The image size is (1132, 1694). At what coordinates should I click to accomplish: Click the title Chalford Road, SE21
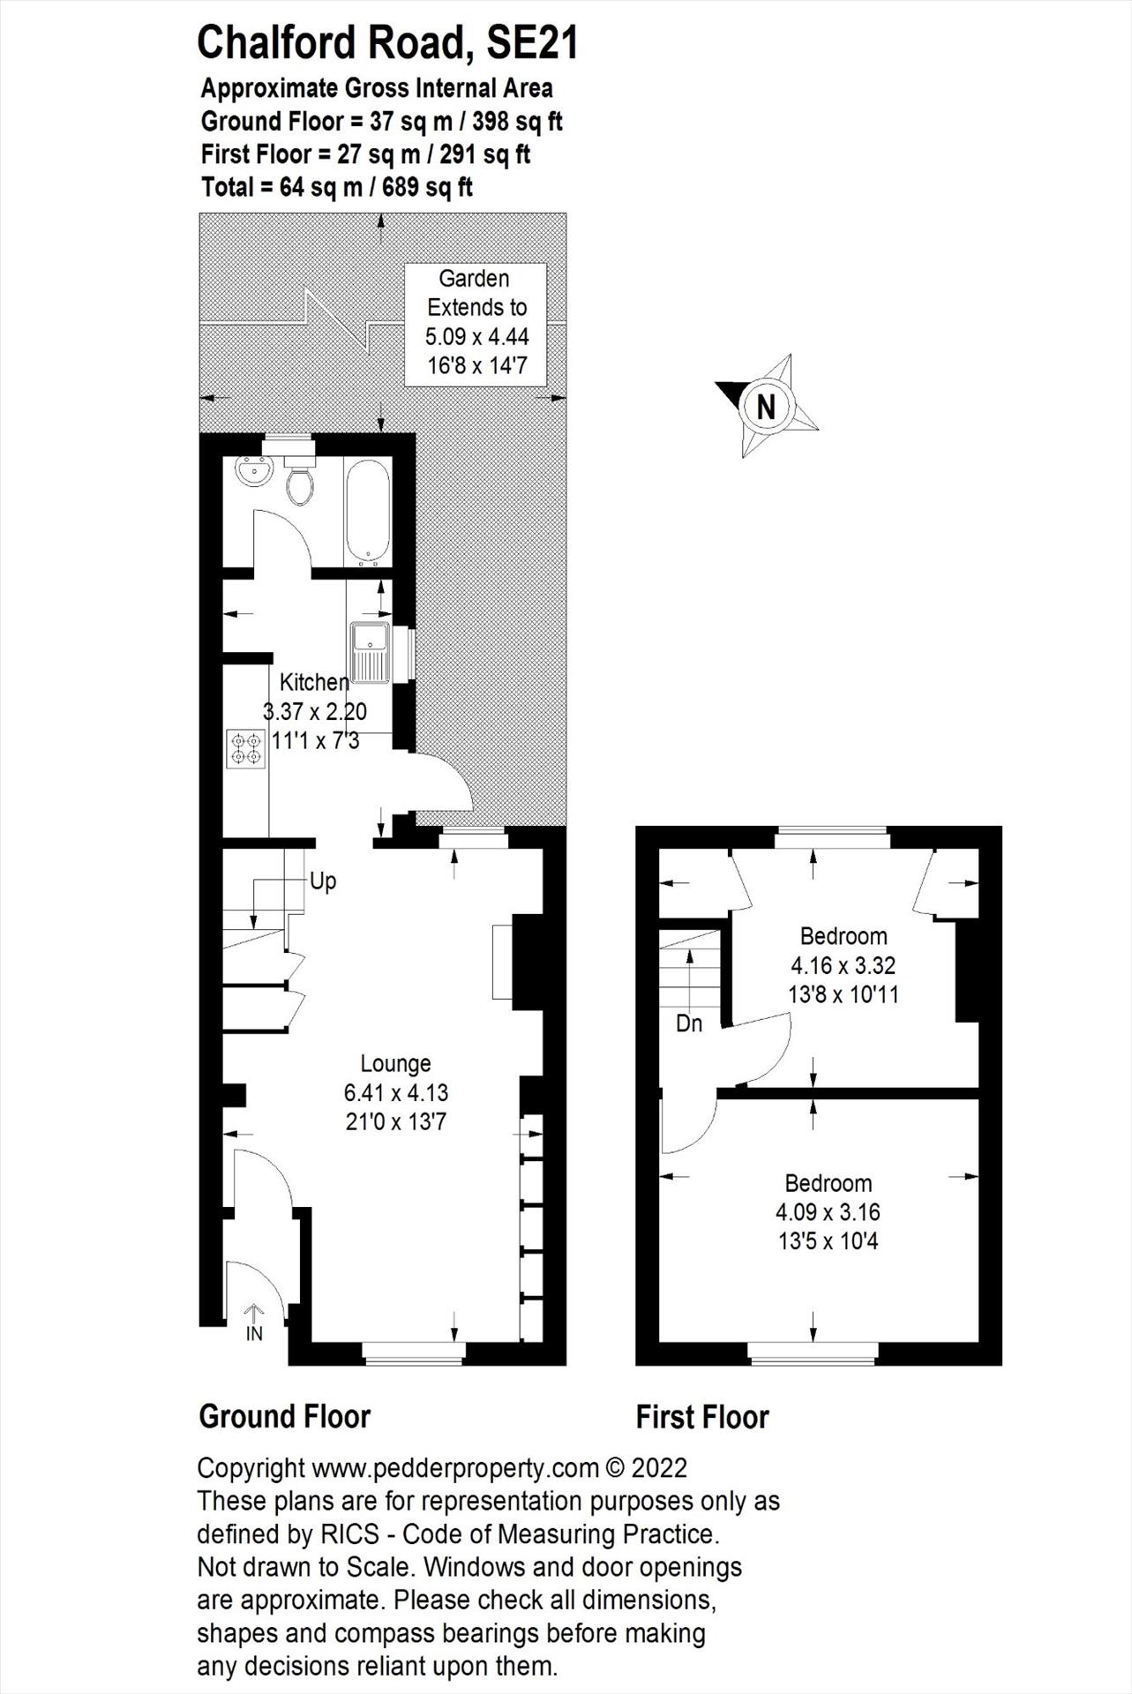tap(387, 42)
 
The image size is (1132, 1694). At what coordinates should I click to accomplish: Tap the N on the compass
tap(766, 407)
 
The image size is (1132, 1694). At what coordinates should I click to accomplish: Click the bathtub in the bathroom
tap(368, 511)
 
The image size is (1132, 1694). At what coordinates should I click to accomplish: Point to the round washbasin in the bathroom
tap(253, 471)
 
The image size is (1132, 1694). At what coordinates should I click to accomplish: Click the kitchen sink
tap(370, 652)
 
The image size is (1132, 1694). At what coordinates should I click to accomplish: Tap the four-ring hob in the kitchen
tap(246, 748)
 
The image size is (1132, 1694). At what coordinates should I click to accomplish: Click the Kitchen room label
tap(314, 682)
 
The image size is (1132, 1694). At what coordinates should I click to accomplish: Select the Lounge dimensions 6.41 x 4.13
tap(396, 1093)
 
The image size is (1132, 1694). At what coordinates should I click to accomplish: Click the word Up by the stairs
tap(323, 881)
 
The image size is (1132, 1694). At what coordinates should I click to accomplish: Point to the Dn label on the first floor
tap(689, 1023)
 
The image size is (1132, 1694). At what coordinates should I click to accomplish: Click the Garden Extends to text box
tap(476, 323)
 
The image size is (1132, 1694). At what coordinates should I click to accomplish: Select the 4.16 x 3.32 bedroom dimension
tap(843, 965)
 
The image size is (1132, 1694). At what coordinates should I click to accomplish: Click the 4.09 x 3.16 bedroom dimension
tap(828, 1212)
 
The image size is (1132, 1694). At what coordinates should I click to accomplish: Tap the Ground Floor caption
tap(285, 1417)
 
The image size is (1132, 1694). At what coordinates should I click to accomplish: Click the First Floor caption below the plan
tap(702, 1418)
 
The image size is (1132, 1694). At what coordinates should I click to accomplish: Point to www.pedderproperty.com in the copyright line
tap(455, 1468)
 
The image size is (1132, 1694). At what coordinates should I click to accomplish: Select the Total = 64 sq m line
tap(336, 187)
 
